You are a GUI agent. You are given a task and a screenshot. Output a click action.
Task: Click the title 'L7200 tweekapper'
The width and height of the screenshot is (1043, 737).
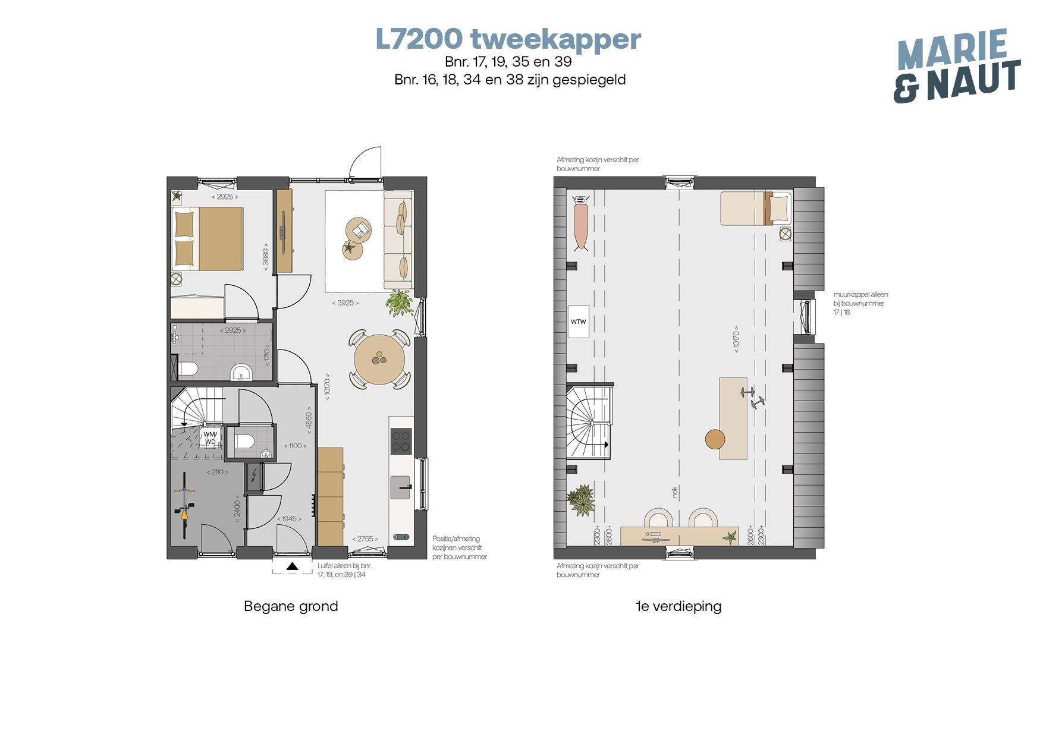pos(508,39)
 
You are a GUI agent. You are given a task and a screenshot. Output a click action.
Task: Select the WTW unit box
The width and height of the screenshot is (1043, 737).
pos(578,322)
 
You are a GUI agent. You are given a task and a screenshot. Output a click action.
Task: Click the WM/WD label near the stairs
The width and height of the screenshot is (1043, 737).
pos(211,437)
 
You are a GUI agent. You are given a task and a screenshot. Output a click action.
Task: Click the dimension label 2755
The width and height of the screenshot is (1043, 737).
pos(365,538)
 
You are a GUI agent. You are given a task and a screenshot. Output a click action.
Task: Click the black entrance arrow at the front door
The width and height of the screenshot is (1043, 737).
pos(292,566)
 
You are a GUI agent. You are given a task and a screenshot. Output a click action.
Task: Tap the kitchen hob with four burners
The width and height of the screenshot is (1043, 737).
pos(401,441)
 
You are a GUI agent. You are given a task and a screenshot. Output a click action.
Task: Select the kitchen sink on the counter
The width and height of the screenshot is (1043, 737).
pos(401,487)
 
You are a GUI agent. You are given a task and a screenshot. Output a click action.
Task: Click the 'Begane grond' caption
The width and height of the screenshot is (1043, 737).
pos(291,606)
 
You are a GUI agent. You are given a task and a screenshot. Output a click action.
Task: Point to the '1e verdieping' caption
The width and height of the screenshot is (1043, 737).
pos(678,606)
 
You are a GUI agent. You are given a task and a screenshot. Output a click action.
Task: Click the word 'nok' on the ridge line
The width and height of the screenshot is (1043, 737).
pos(674,492)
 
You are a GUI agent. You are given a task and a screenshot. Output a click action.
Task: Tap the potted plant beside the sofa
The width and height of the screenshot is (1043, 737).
pos(399,303)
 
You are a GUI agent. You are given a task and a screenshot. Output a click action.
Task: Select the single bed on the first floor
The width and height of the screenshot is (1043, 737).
pos(756,208)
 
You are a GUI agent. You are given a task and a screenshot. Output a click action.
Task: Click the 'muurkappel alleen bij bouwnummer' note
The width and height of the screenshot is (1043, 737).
pos(860,303)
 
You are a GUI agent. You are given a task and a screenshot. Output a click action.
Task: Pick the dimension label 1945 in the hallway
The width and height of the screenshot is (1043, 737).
pos(289,519)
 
